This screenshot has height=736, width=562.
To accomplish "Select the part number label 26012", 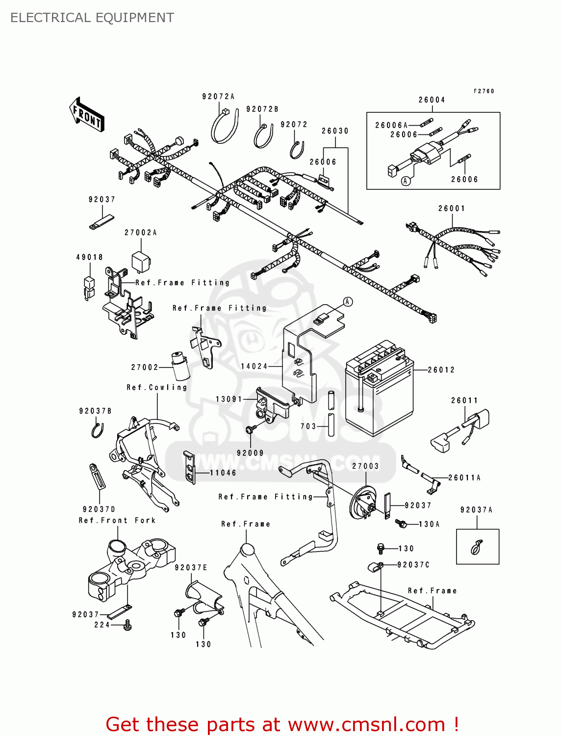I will point(441,370).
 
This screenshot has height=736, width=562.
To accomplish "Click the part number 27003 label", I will point(365,466).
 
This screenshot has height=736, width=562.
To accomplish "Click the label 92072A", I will point(218,97).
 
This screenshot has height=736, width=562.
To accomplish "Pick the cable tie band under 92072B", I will point(263,136).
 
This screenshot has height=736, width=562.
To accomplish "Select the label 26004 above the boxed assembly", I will point(432,100).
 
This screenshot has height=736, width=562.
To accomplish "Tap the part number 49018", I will point(90,257).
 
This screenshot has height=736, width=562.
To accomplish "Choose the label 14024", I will point(254,367).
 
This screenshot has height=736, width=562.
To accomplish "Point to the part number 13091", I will point(229,399).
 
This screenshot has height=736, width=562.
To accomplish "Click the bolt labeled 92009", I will point(250,430).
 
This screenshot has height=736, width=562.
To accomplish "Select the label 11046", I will point(223,473).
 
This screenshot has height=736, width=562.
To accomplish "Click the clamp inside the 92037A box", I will point(477,547).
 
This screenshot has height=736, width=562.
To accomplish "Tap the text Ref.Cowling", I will point(157,388).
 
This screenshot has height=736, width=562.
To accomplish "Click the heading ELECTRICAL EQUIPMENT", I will point(92,18).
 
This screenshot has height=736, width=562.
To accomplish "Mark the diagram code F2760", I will point(484,91).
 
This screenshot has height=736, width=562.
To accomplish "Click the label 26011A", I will point(464,478).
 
